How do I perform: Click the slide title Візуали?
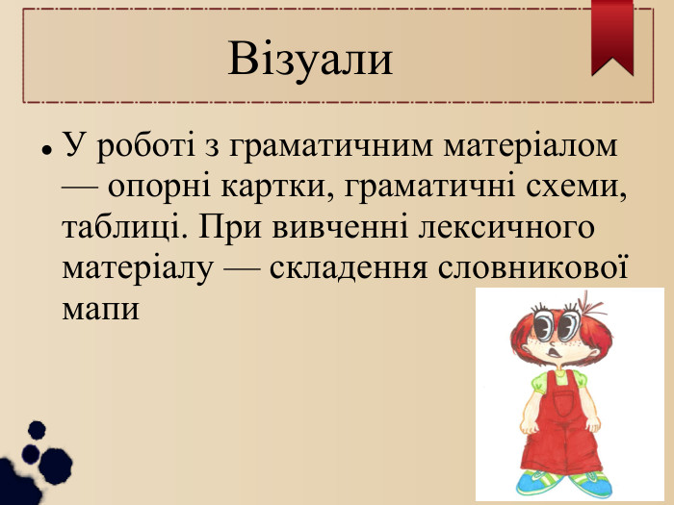tap(310, 59)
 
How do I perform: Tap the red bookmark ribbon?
tap(612, 37)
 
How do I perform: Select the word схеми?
tap(577, 188)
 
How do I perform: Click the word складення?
tap(349, 268)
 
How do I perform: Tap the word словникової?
tap(533, 267)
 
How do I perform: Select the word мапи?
tap(101, 309)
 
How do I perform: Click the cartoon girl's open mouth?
tap(555, 352)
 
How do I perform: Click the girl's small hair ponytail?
tap(591, 306)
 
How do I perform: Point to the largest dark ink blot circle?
tap(56, 466)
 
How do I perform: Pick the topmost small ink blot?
tap(37, 430)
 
